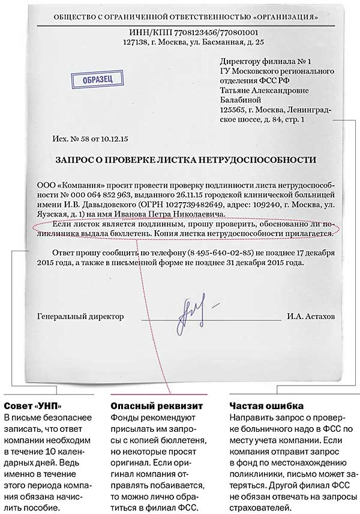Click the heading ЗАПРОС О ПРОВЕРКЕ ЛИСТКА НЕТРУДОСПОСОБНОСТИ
(185, 160)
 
